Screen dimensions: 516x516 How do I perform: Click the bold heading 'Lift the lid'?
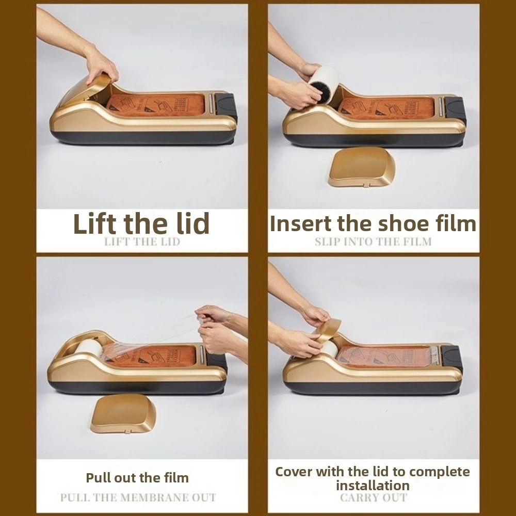pyautogui.click(x=141, y=223)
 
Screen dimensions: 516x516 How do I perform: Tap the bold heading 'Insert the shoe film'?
pyautogui.click(x=373, y=224)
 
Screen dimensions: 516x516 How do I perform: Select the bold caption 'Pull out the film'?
pyautogui.click(x=137, y=477)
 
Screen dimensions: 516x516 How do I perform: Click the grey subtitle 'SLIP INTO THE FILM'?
pyautogui.click(x=373, y=241)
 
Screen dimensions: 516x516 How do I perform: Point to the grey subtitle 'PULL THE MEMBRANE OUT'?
pyautogui.click(x=138, y=498)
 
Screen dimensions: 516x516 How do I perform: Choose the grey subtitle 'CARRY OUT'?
pyautogui.click(x=373, y=498)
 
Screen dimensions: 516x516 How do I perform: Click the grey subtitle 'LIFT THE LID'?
pyautogui.click(x=142, y=241)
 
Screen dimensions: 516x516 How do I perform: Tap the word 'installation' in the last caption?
pyautogui.click(x=373, y=485)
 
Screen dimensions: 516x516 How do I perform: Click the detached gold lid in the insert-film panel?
pyautogui.click(x=362, y=167)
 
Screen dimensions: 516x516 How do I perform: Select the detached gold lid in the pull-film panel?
pyautogui.click(x=123, y=413)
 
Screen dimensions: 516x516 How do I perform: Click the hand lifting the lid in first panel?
pyautogui.click(x=101, y=64)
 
